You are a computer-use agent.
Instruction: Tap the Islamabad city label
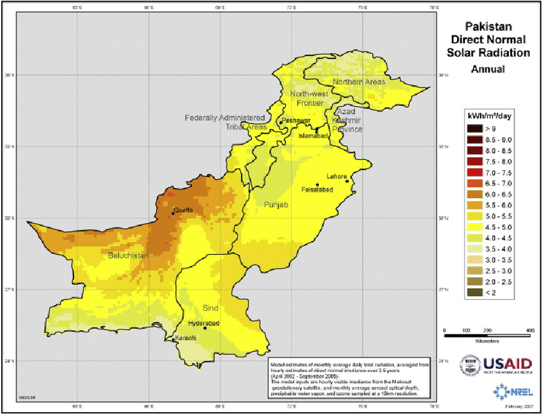click(314, 136)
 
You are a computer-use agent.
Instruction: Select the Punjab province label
click(276, 205)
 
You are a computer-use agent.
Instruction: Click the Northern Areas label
click(358, 82)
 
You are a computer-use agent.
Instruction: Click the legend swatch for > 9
click(474, 129)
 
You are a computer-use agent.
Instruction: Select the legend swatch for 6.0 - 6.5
click(474, 194)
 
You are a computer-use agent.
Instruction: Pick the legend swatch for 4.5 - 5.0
click(474, 226)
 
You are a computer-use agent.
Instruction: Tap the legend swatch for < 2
click(474, 292)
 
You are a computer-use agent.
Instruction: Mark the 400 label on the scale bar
click(529, 331)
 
